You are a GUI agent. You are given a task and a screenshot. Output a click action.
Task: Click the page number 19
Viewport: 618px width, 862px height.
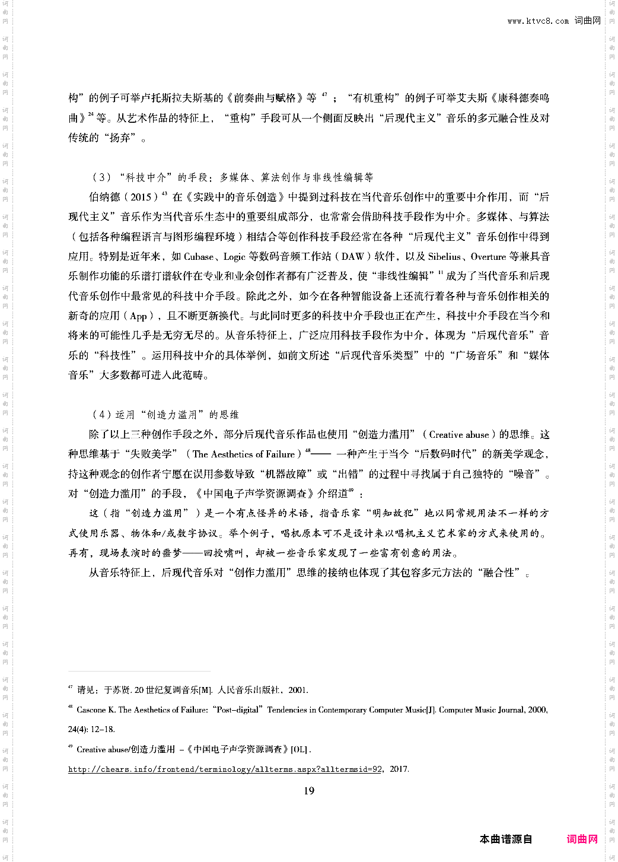click(x=309, y=791)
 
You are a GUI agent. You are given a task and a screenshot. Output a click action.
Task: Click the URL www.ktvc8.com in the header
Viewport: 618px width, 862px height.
click(x=537, y=21)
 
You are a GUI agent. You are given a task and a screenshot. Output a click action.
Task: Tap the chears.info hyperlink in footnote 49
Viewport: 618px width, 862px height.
click(x=225, y=769)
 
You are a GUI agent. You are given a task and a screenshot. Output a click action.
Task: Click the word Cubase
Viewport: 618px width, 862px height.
click(x=199, y=257)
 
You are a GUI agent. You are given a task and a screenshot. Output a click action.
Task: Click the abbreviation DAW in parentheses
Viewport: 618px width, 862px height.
click(x=353, y=257)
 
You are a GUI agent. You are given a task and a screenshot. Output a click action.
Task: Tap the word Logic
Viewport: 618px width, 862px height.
click(x=234, y=257)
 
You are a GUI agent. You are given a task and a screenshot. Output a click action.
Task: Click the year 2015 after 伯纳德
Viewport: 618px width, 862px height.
click(x=141, y=197)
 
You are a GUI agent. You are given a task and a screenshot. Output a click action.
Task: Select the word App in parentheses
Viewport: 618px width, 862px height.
click(x=138, y=316)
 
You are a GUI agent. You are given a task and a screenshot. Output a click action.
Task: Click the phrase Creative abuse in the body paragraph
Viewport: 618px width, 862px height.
click(x=459, y=435)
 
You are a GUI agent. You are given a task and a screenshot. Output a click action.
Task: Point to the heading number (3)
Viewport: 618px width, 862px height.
click(x=101, y=177)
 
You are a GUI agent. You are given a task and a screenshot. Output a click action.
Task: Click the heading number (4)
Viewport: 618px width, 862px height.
click(x=101, y=415)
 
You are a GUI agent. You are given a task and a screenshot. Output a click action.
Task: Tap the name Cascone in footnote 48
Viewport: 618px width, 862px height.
click(x=91, y=710)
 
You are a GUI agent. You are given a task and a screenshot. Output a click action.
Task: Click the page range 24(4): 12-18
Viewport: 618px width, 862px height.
click(x=91, y=729)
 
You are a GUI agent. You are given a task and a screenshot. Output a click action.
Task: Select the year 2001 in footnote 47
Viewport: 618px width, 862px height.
click(x=298, y=690)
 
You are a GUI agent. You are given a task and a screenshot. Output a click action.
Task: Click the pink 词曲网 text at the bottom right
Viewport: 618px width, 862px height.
click(x=582, y=839)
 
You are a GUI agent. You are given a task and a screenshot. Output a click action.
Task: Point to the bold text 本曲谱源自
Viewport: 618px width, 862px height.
click(x=506, y=839)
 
